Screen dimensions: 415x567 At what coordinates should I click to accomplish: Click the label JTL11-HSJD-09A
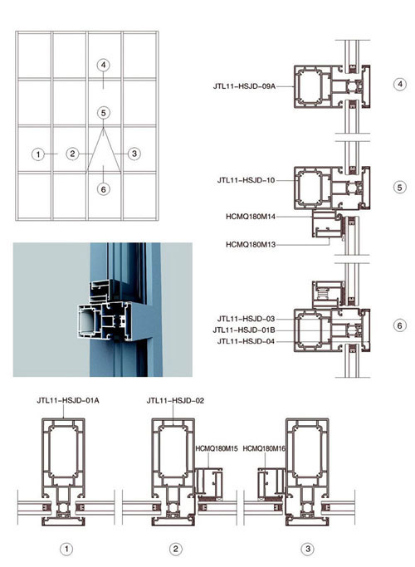point(244,86)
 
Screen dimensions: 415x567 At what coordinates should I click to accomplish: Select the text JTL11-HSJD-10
point(247,180)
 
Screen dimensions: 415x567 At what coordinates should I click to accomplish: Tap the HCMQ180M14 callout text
point(251,217)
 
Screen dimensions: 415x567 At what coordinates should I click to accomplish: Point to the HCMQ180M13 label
point(251,244)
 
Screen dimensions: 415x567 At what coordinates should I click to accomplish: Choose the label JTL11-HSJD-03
point(247,319)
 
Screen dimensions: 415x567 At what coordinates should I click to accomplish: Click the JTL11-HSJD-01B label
point(244,330)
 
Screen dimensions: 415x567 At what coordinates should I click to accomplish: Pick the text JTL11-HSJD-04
point(247,341)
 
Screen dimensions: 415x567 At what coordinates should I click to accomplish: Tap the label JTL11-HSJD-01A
point(68,400)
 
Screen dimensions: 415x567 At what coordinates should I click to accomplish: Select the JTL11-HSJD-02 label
point(175,400)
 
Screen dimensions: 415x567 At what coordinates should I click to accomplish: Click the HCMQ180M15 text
point(217,449)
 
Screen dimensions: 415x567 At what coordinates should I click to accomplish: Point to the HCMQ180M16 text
point(264,449)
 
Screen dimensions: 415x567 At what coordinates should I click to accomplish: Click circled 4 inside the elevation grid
point(104,65)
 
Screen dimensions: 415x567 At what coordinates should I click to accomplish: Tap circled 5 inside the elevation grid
point(104,113)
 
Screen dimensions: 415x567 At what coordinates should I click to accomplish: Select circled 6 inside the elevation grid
point(104,189)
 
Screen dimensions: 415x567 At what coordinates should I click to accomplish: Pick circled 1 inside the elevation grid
point(38,154)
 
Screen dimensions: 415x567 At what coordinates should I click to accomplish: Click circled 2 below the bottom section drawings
point(176,549)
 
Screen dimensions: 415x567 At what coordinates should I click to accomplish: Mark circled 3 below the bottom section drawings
point(308,549)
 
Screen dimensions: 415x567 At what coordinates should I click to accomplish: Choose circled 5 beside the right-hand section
point(399,188)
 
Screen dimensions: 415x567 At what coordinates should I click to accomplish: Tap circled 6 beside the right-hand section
point(399,325)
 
